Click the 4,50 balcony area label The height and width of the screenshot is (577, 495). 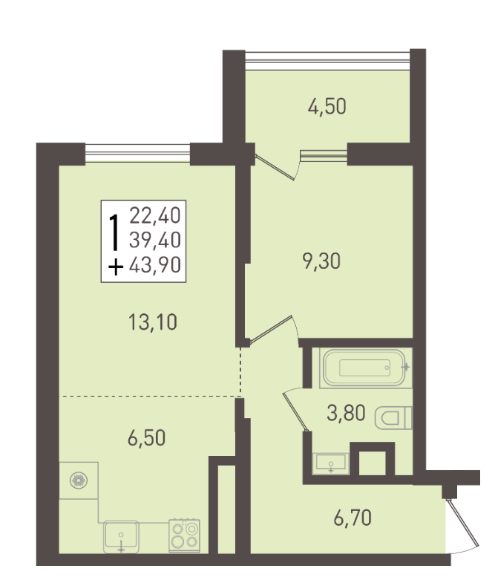327,107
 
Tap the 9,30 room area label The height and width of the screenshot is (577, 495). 321,261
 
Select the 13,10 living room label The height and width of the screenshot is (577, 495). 153,322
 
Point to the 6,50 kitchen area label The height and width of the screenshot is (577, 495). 146,438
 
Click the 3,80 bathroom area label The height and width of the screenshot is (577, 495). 346,413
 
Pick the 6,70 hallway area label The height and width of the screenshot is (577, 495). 353,518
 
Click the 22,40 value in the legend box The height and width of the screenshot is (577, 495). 155,215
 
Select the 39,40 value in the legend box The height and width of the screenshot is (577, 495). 155,240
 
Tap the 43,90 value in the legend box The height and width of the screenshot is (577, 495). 155,264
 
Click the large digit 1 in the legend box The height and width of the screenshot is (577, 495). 115,232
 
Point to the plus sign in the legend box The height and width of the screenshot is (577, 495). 116,267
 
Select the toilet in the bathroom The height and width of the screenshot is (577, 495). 393,418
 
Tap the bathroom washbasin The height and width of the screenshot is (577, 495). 330,463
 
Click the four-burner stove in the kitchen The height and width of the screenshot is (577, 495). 184,535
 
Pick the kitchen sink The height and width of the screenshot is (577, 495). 121,536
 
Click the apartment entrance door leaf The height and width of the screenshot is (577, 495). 463,523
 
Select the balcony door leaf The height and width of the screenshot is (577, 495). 275,167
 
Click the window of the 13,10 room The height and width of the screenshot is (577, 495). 137,154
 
